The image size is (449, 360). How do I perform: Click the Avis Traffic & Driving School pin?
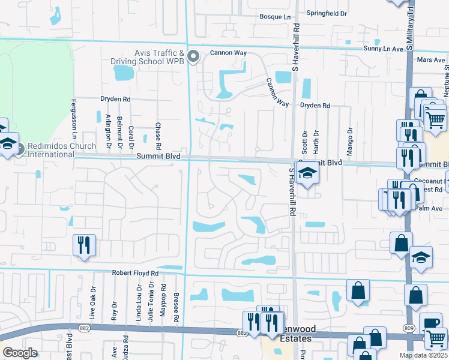(193, 57)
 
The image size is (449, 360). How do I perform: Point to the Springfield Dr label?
(327, 13)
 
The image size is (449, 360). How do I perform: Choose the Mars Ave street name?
(430, 60)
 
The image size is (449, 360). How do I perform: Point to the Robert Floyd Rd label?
(134, 272)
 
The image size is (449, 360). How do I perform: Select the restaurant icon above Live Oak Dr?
(84, 245)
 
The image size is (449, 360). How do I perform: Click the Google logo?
(20, 353)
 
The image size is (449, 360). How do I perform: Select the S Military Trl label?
(411, 27)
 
